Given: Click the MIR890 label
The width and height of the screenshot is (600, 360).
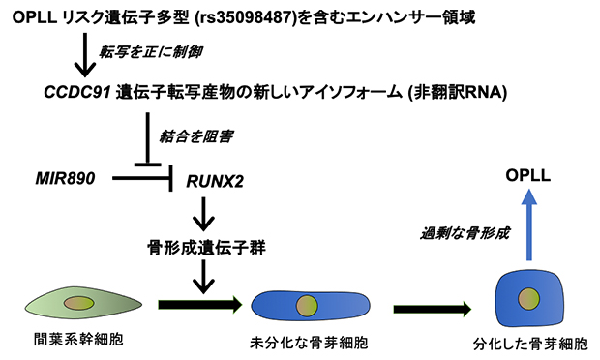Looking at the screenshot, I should (x=66, y=178).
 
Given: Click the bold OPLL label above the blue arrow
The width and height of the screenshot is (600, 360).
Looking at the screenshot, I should (x=530, y=176).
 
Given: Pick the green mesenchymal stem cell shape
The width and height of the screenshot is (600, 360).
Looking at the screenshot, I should (x=77, y=303).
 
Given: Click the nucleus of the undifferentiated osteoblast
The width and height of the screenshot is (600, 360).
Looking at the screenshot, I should (x=305, y=304).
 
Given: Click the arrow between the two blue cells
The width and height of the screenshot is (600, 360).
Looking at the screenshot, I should (x=431, y=310).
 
